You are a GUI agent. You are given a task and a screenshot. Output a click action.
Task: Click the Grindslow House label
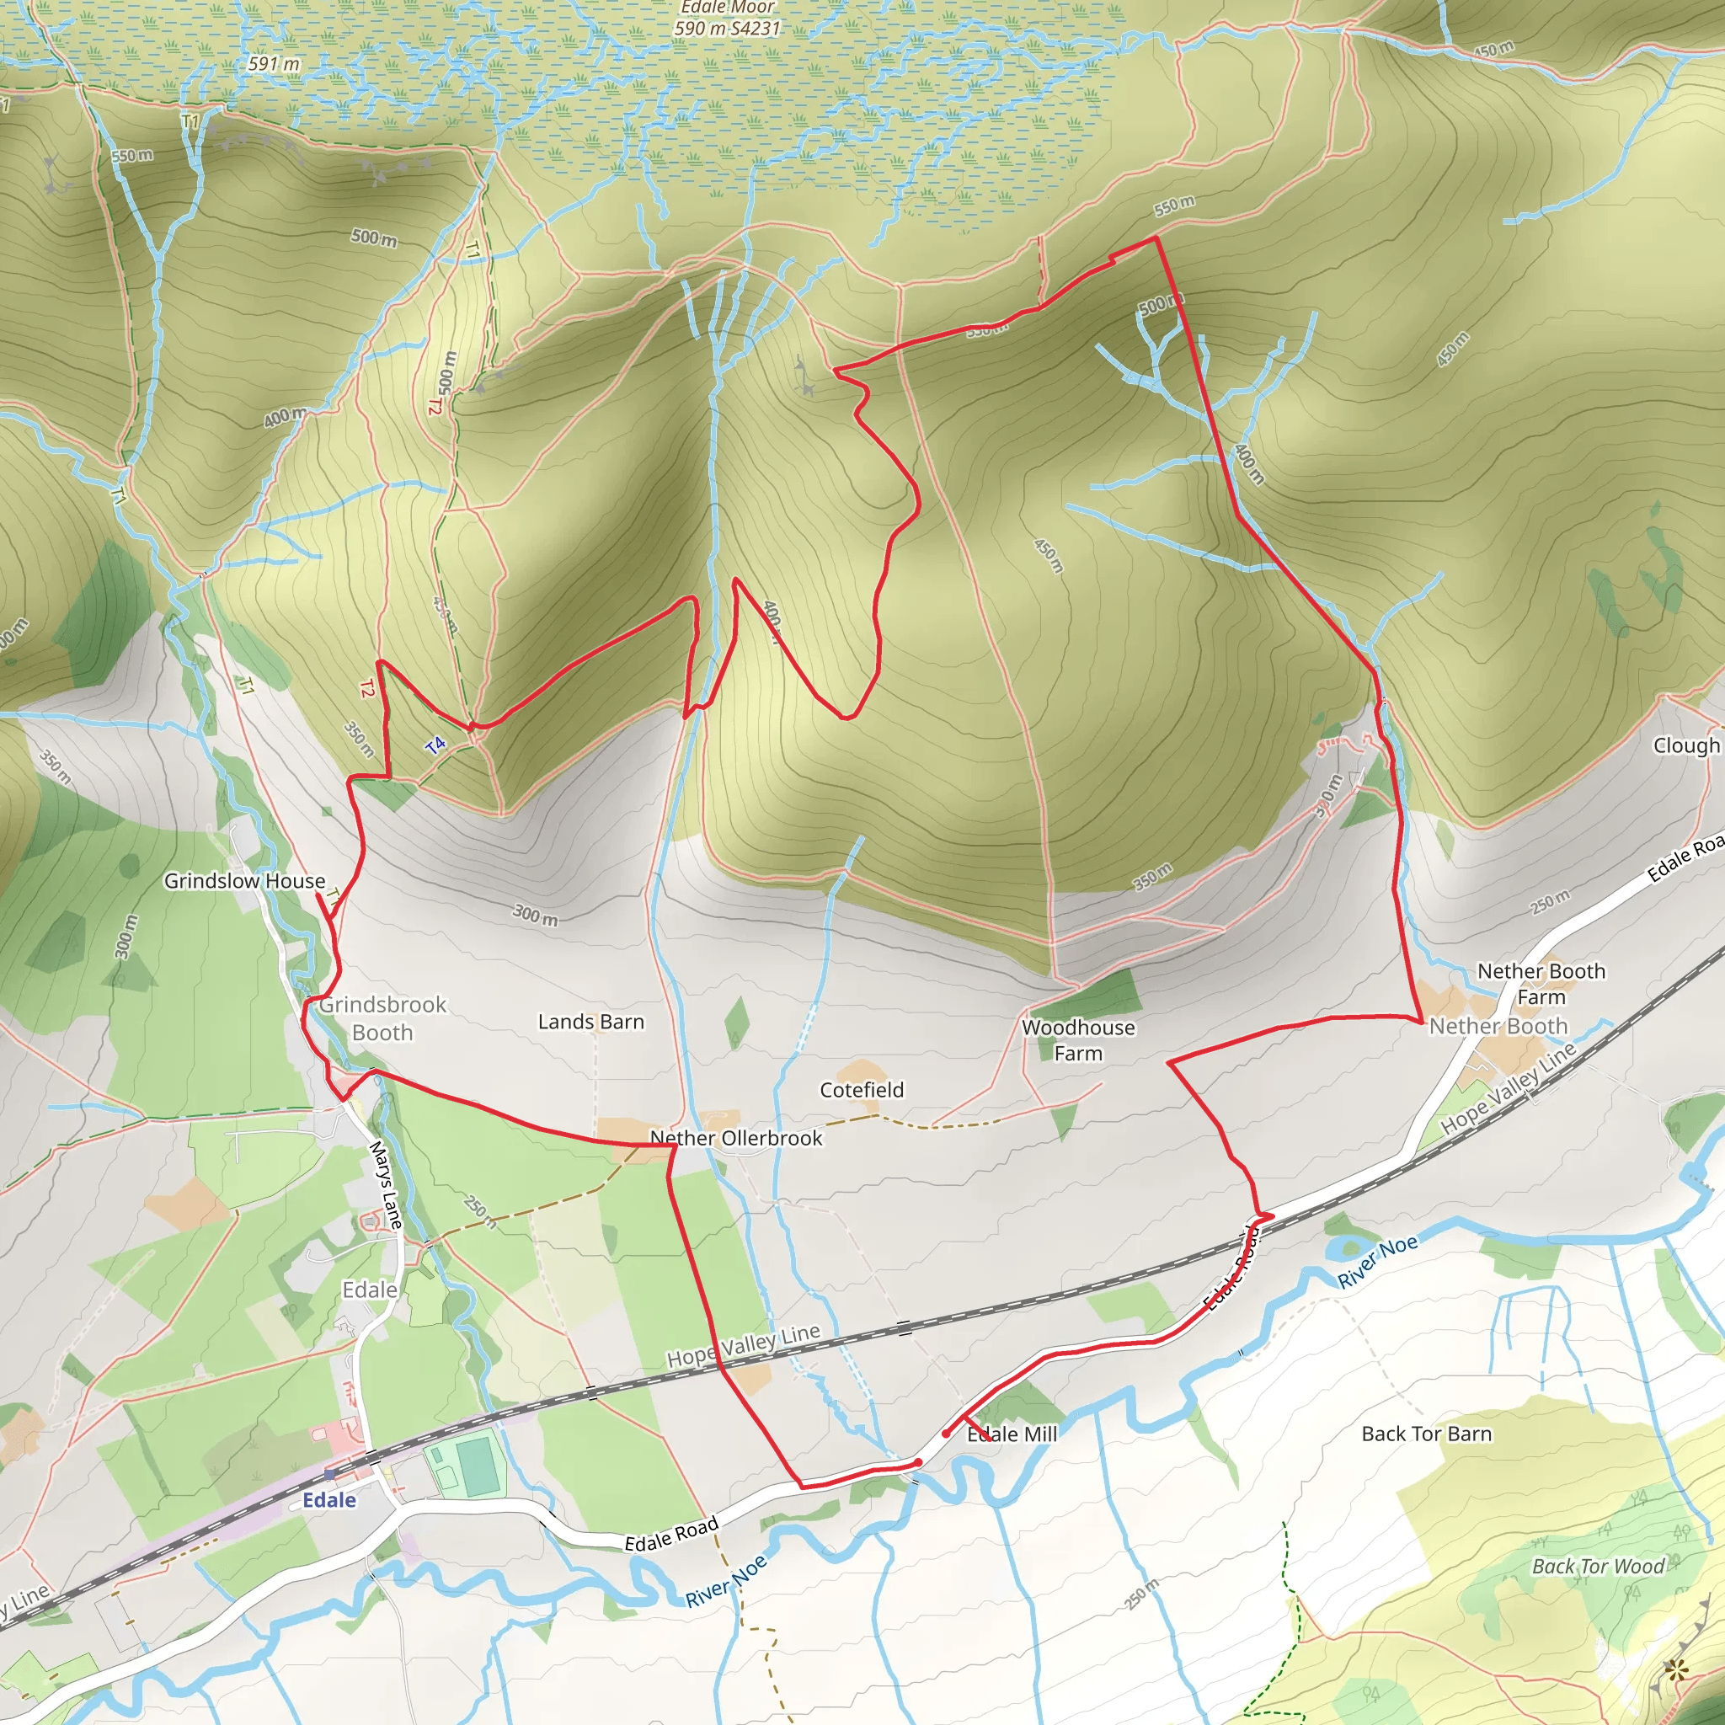tap(243, 880)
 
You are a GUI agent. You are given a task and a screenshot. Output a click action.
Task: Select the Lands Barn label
tap(590, 1022)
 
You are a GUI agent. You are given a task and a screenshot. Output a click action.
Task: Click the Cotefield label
tap(862, 1089)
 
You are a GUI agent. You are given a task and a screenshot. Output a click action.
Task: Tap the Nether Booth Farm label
tap(1541, 983)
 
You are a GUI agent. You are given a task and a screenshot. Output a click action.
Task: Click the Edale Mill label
tap(1012, 1434)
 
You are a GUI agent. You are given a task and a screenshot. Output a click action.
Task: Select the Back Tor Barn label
tap(1426, 1434)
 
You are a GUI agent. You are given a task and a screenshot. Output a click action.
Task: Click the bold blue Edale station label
tap(328, 1499)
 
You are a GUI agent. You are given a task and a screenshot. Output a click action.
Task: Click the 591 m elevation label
tap(273, 64)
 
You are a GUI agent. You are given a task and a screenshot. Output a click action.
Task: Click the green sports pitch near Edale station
tap(478, 1464)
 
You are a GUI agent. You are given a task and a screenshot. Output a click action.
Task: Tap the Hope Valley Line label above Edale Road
tap(743, 1344)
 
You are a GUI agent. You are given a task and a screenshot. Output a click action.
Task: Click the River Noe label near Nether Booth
tap(1377, 1261)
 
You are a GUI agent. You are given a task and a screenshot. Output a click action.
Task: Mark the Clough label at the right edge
tap(1685, 745)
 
